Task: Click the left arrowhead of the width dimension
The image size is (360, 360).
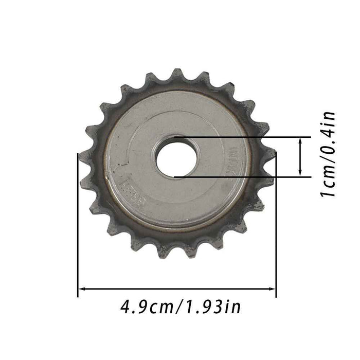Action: click(81, 289)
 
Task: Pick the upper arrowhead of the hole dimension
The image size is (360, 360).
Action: click(300, 140)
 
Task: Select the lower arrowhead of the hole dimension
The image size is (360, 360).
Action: click(300, 173)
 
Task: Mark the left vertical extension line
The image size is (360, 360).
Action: click(78, 231)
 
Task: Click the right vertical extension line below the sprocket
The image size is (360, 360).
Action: click(276, 247)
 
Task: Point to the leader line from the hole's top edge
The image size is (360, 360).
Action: click(242, 137)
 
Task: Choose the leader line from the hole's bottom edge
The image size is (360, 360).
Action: click(242, 177)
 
